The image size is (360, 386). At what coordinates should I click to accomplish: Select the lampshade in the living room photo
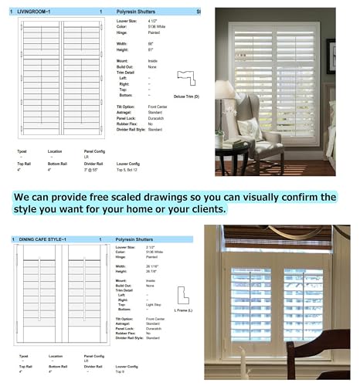click(225, 90)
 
